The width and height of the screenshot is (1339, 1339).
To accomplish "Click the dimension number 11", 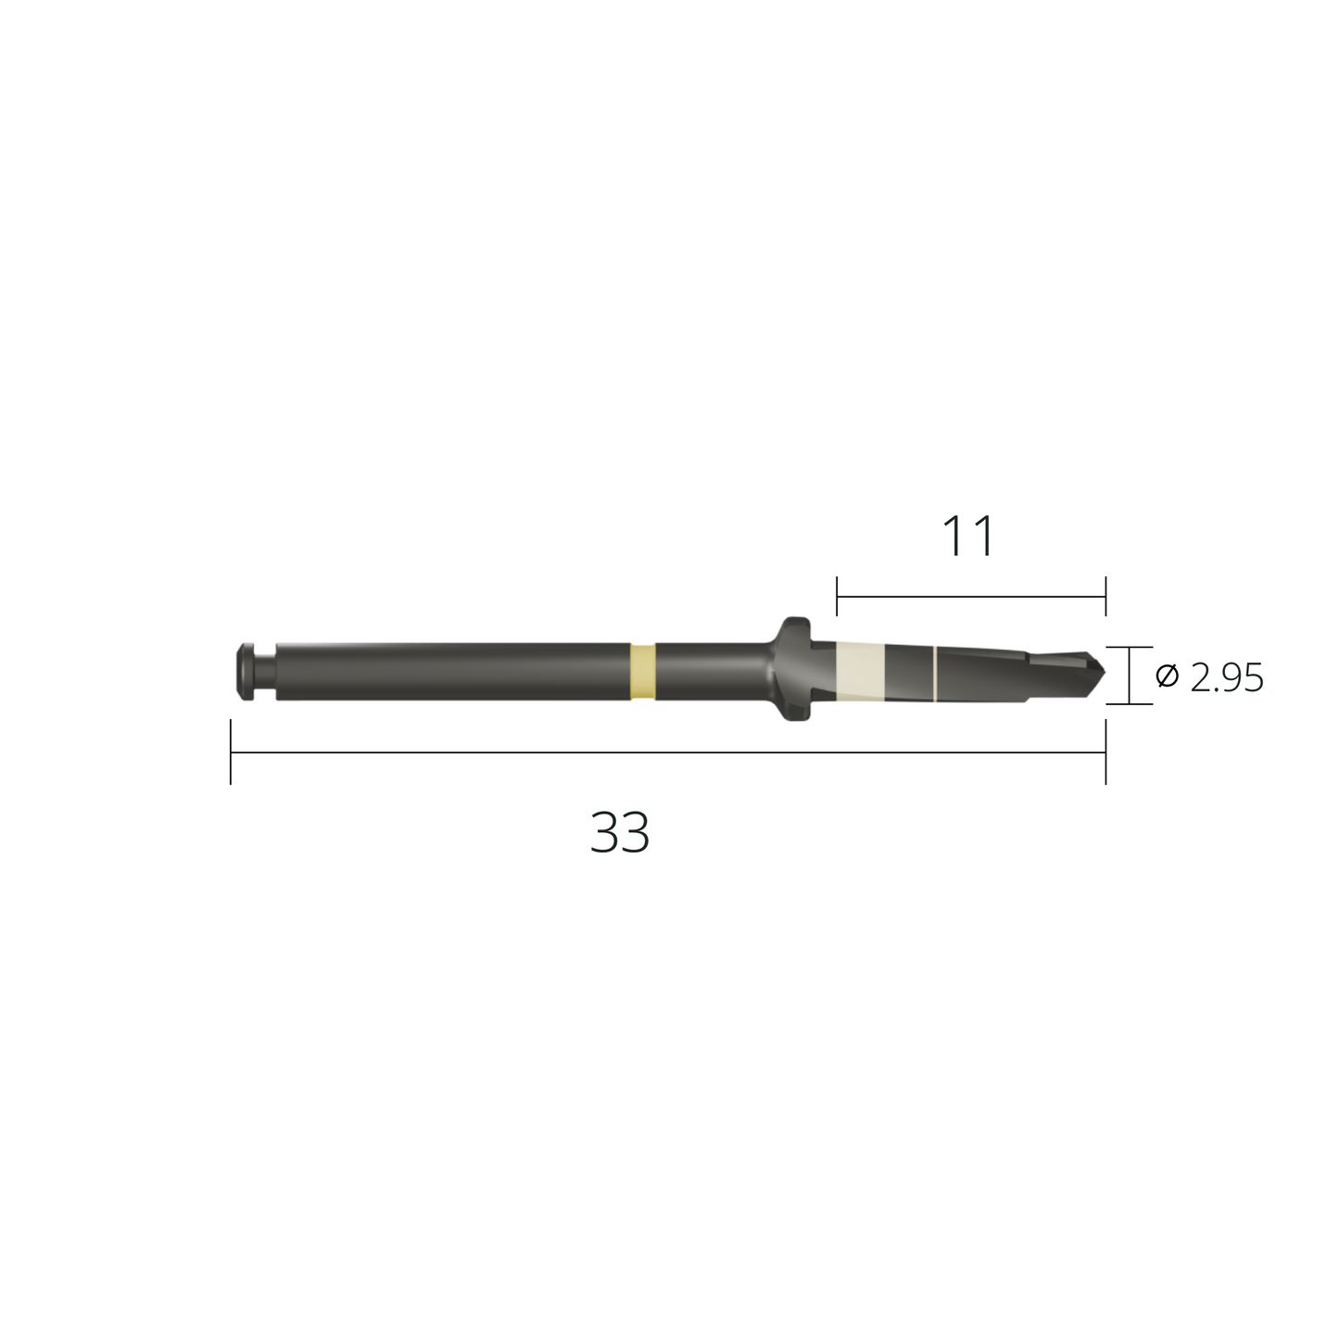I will click(x=968, y=537).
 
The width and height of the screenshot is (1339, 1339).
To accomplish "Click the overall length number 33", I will click(x=620, y=832).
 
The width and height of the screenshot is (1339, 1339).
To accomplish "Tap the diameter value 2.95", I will click(x=1227, y=678).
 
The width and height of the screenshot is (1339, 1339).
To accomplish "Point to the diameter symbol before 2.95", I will click(x=1168, y=676).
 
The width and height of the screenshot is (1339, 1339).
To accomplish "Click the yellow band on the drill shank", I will click(x=642, y=670).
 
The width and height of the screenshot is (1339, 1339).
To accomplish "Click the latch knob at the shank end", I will click(x=246, y=670).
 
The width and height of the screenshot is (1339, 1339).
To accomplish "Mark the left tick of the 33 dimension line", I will click(x=231, y=752).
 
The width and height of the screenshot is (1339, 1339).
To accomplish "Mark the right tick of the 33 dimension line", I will click(x=1105, y=752).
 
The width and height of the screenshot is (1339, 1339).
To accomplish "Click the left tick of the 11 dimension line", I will click(x=837, y=597).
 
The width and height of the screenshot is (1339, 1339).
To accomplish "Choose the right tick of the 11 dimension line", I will click(x=1105, y=597).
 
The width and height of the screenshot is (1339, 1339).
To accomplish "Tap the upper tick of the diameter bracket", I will click(x=1130, y=647).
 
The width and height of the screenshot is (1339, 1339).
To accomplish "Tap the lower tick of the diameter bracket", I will click(x=1130, y=704).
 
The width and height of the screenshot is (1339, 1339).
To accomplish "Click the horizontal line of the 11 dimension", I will click(x=971, y=597).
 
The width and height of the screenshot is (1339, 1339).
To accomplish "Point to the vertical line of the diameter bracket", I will click(x=1130, y=676).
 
